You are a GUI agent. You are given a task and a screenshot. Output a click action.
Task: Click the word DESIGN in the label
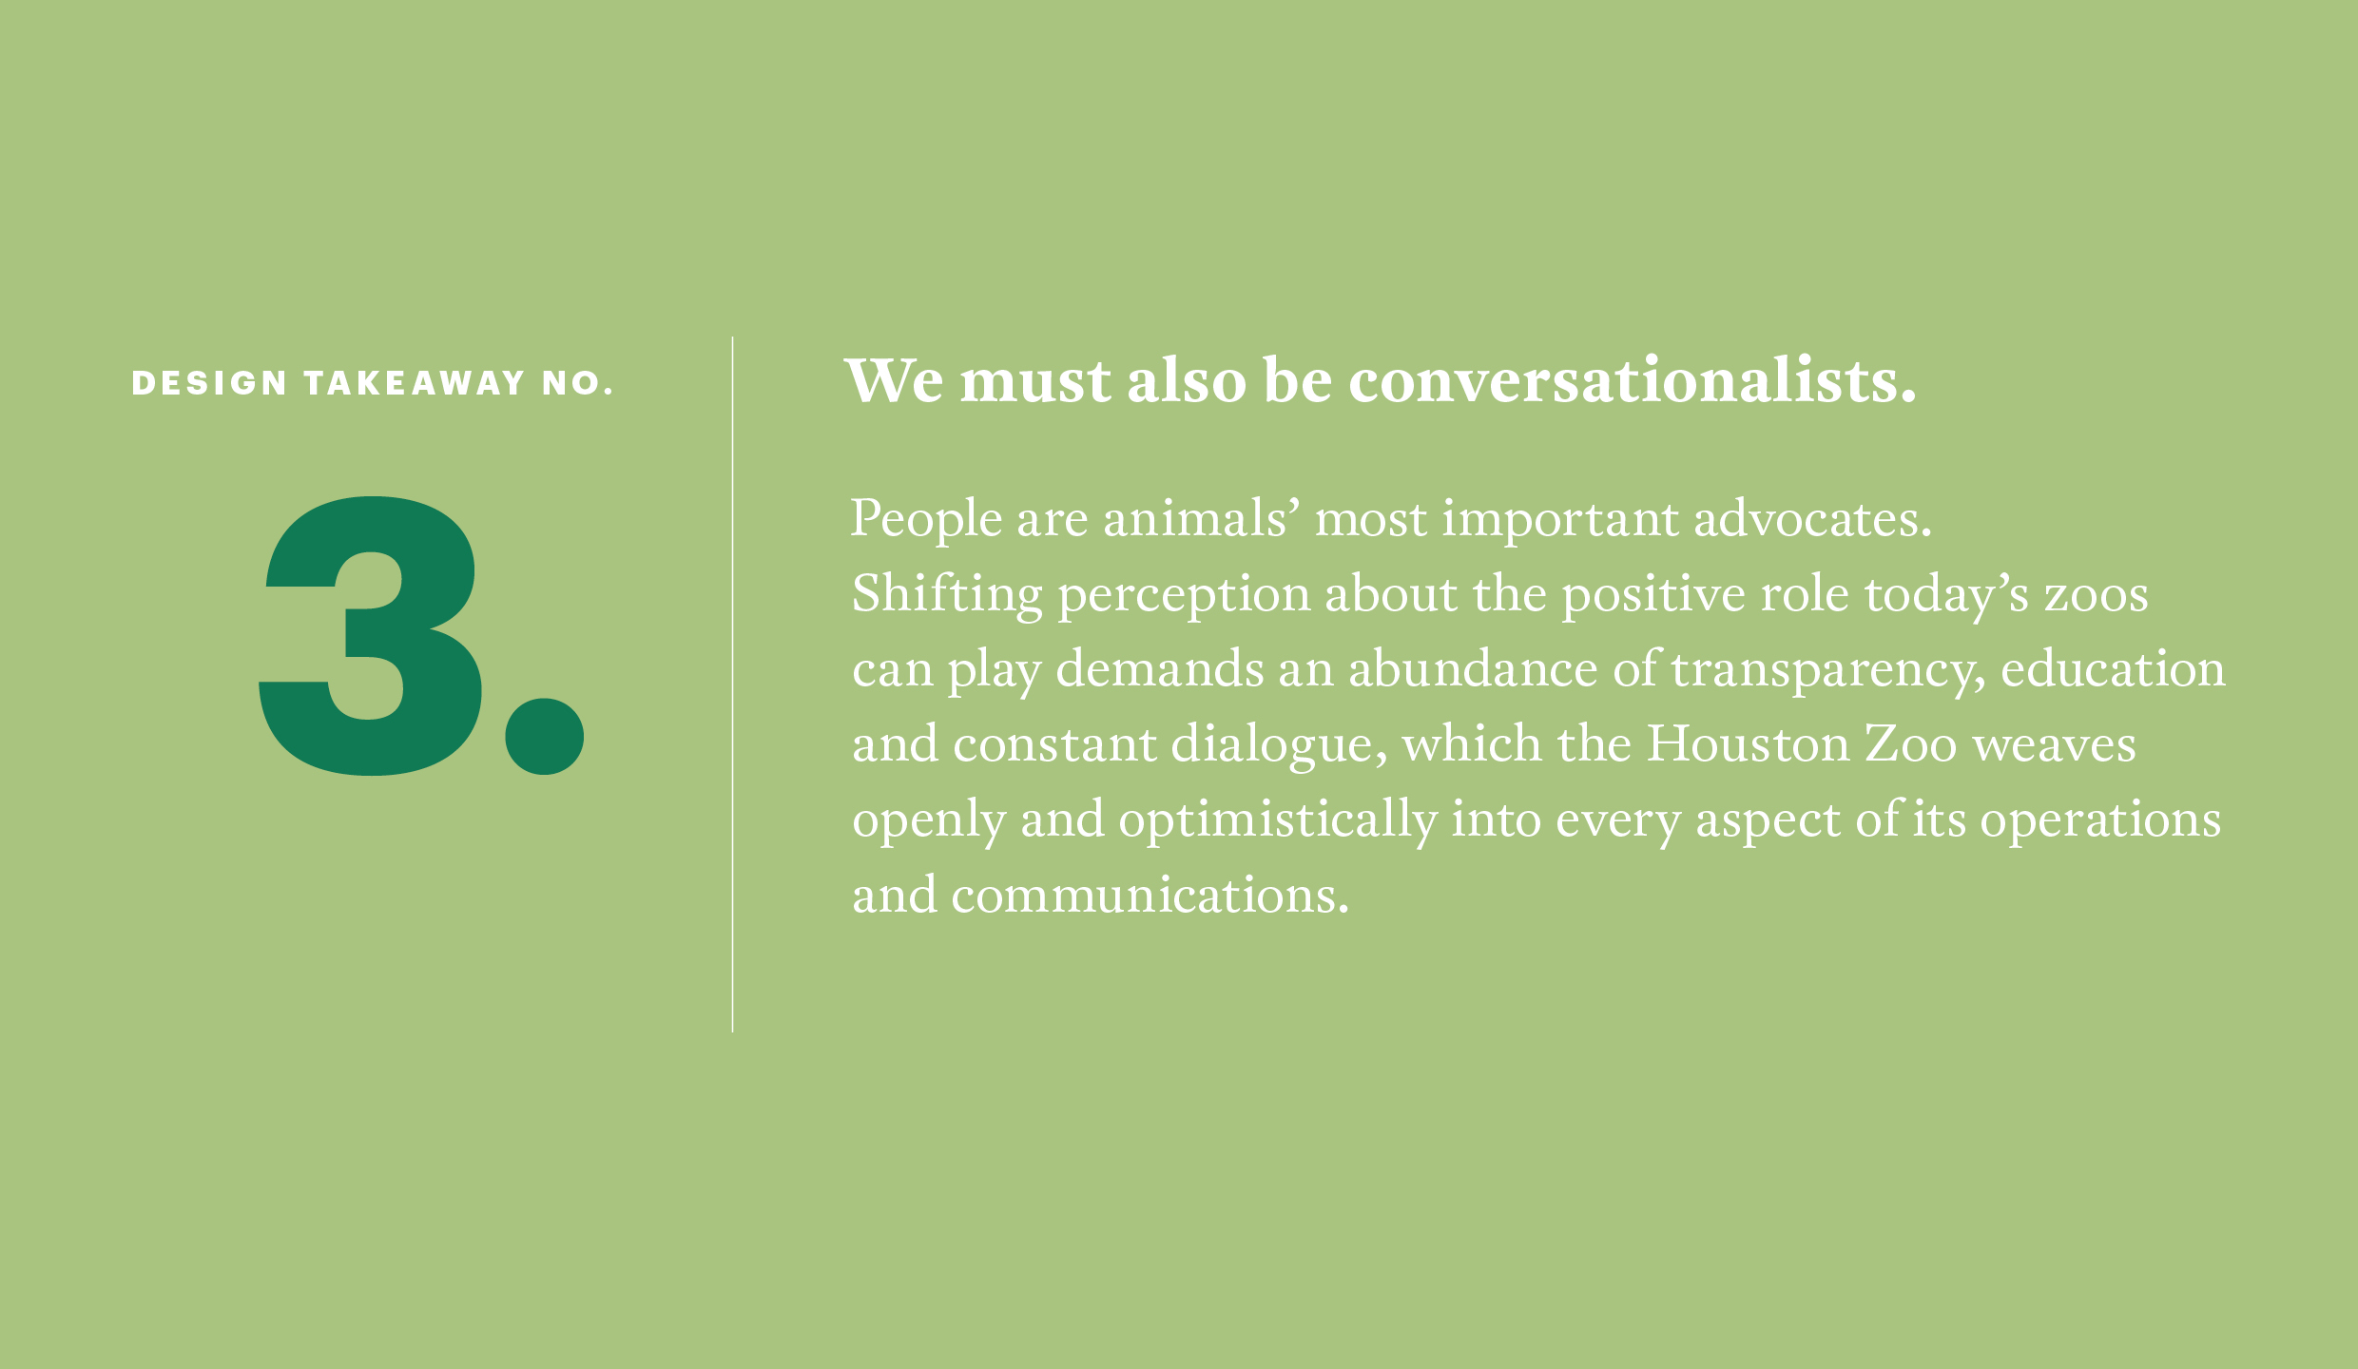point(209,383)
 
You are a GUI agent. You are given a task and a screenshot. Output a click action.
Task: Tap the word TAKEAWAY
point(415,383)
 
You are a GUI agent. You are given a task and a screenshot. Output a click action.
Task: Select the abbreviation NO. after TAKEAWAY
point(578,383)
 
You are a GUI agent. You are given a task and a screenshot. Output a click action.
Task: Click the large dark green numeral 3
point(370,635)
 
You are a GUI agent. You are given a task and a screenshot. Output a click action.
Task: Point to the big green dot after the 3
point(545,737)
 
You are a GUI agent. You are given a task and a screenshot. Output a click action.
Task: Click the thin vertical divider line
point(732,684)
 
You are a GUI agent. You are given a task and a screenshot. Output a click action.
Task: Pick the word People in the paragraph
point(926,520)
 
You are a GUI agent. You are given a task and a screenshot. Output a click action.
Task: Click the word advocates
point(1812,519)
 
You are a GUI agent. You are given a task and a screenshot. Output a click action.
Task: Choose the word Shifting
point(947,595)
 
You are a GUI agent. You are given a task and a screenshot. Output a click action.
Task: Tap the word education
point(2113,668)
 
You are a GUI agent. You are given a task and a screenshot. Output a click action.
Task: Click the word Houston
point(1749,743)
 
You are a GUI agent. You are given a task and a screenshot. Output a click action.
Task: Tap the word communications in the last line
point(1149,896)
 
